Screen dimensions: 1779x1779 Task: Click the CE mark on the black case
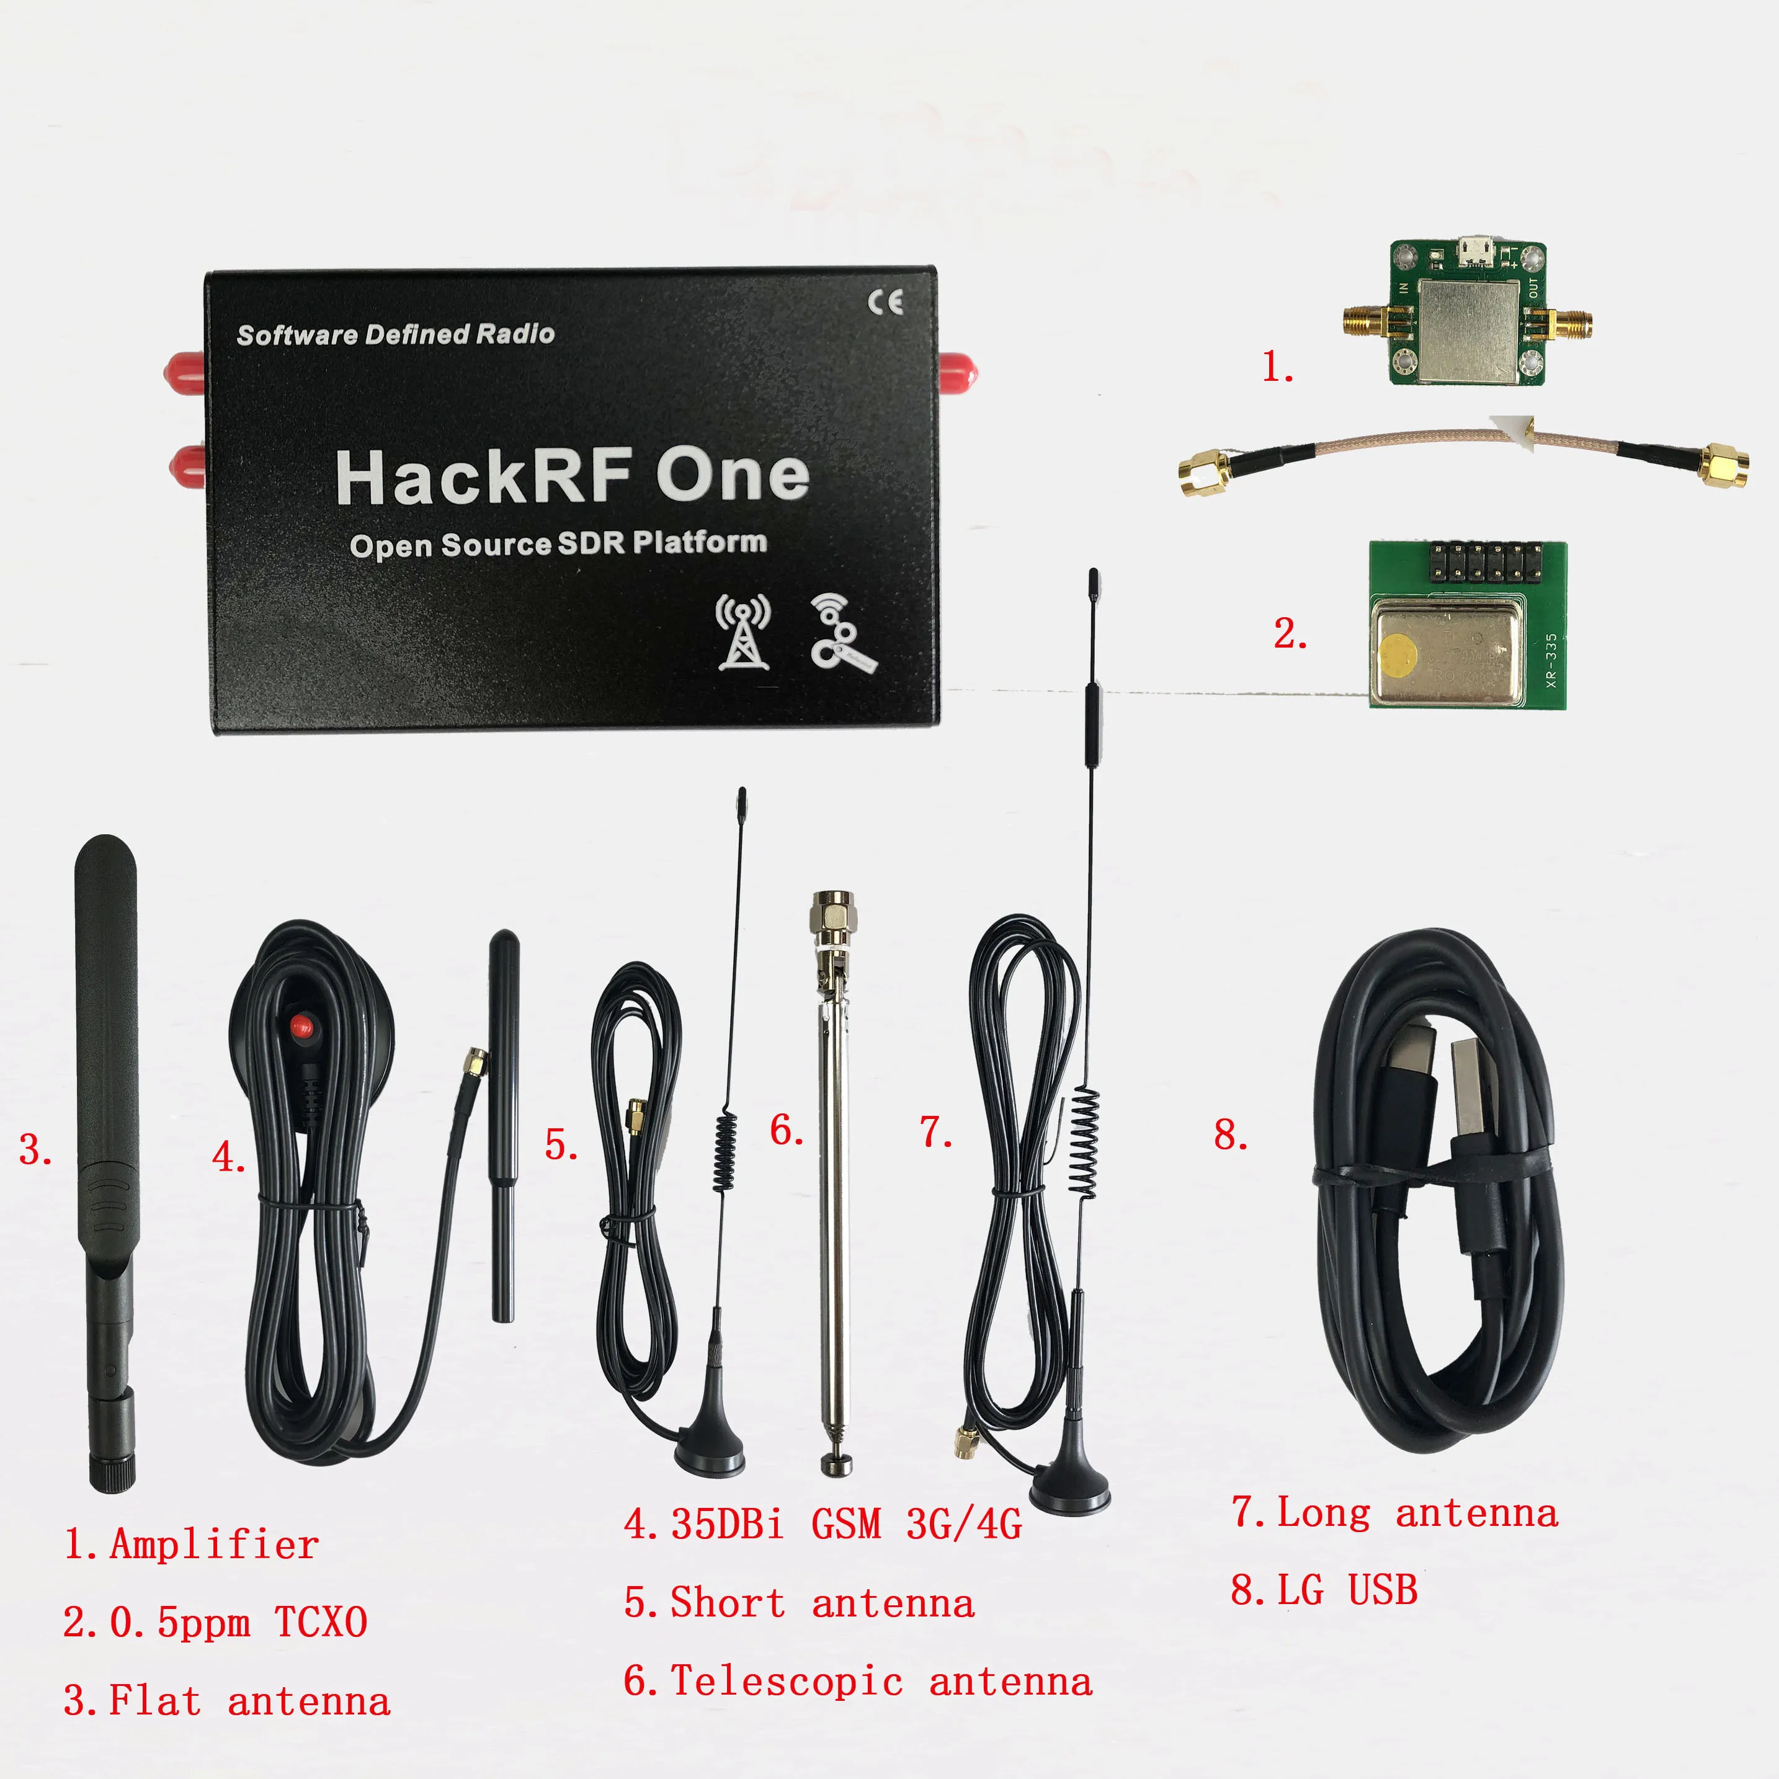tap(885, 302)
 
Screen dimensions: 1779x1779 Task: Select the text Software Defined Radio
tap(395, 334)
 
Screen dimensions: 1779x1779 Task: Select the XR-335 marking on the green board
tap(1551, 660)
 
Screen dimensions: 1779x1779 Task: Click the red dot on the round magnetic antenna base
tap(301, 1025)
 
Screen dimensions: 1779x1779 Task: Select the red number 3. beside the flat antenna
tap(35, 1150)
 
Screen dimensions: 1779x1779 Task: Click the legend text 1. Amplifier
tap(192, 1544)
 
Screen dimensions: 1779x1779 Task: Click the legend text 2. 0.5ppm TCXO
tap(215, 1621)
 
